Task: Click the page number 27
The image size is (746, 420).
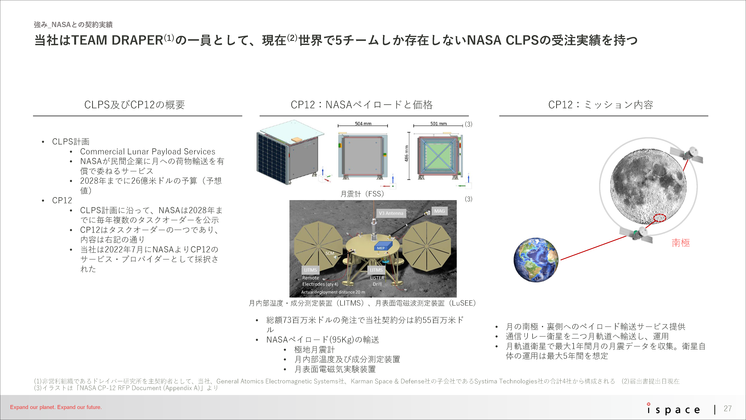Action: click(x=728, y=408)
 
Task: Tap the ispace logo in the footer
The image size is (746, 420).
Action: click(x=674, y=408)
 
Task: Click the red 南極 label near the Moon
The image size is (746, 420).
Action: click(x=681, y=243)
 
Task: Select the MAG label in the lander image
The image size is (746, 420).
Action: click(x=439, y=211)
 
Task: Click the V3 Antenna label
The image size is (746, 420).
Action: click(x=391, y=213)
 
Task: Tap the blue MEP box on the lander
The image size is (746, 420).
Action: click(x=383, y=245)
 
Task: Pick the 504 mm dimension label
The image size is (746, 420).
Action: click(x=363, y=123)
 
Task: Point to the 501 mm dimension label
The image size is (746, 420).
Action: click(x=438, y=123)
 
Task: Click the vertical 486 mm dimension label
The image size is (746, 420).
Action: click(x=407, y=154)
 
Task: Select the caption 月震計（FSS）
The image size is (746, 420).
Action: click(x=362, y=194)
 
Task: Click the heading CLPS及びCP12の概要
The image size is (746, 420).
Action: click(x=134, y=105)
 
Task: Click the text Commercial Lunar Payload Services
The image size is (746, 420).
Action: click(x=148, y=151)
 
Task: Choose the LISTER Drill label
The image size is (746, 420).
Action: click(x=377, y=281)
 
